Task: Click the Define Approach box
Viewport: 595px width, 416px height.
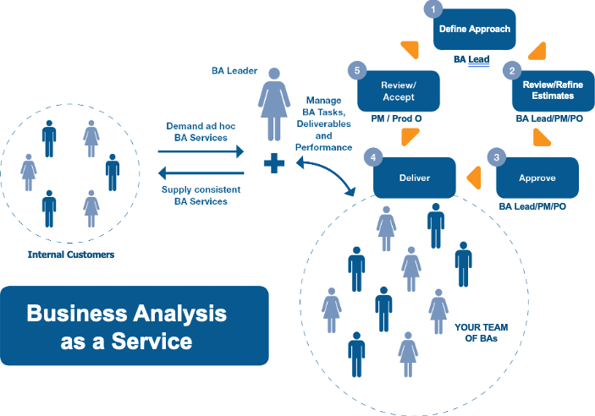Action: click(x=474, y=30)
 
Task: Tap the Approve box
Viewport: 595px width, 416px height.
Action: click(x=537, y=179)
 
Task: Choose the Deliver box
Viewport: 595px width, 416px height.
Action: click(x=415, y=179)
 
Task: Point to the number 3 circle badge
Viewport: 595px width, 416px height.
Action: click(x=498, y=156)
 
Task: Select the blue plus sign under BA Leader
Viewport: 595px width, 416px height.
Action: click(x=273, y=163)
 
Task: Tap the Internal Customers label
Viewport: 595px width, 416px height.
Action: click(x=71, y=253)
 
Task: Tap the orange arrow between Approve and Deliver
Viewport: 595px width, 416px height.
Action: click(x=474, y=178)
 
